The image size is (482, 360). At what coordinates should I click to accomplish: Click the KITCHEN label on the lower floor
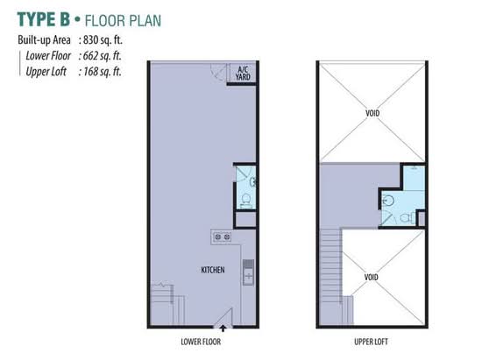tap(213, 270)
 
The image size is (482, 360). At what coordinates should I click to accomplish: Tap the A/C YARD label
tap(243, 74)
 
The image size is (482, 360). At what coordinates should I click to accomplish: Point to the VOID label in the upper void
tap(372, 113)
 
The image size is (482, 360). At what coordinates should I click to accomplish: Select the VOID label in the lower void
tap(371, 278)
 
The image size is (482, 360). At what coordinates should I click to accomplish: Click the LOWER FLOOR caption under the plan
tap(201, 342)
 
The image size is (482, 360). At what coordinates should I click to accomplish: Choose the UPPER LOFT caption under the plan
tap(371, 342)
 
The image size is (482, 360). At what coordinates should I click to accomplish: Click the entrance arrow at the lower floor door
tap(223, 328)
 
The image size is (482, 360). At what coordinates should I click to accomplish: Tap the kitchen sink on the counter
tap(248, 272)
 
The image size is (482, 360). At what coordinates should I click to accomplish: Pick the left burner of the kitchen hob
tap(218, 236)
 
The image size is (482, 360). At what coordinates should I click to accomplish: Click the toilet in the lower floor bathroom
tap(245, 200)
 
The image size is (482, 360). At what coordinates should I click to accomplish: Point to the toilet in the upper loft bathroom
tap(407, 218)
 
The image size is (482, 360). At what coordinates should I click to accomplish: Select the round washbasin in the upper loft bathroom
tap(388, 201)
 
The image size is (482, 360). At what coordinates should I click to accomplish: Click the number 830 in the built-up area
tap(90, 40)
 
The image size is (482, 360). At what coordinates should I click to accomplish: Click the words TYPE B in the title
tap(43, 19)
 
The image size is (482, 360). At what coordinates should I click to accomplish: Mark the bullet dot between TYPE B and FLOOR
tap(77, 19)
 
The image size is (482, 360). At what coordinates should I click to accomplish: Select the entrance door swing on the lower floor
tap(223, 317)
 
